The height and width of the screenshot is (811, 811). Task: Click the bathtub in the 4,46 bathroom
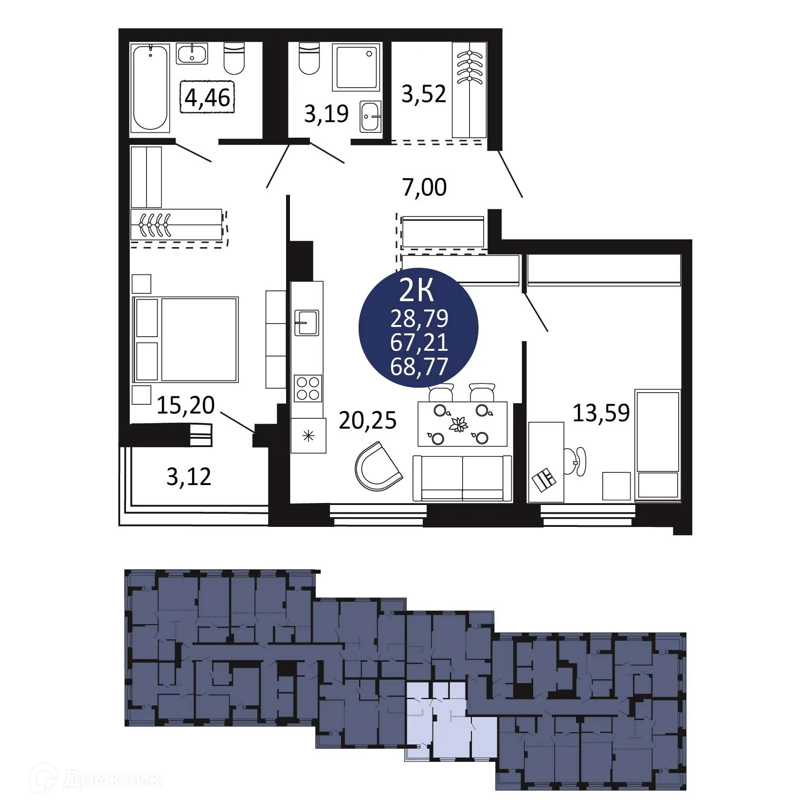click(x=150, y=88)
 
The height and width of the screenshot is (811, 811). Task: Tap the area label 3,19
click(x=326, y=114)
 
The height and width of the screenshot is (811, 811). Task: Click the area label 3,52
click(x=423, y=93)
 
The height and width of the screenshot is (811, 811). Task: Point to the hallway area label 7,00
click(x=424, y=187)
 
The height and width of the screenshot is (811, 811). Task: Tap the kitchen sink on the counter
click(x=306, y=323)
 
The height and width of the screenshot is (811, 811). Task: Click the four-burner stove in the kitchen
click(x=308, y=388)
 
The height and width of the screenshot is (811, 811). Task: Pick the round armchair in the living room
click(x=378, y=467)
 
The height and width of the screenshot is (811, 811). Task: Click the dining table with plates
click(x=462, y=424)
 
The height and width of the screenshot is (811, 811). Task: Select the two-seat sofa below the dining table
click(x=462, y=478)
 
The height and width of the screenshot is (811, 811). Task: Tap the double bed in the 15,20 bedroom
click(x=186, y=339)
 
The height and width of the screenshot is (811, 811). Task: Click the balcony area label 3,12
click(x=189, y=477)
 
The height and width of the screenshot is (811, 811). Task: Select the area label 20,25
click(x=367, y=420)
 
